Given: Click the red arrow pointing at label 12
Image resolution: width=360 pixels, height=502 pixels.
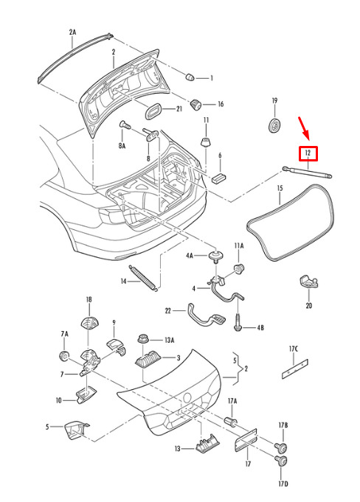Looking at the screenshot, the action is tap(304, 128).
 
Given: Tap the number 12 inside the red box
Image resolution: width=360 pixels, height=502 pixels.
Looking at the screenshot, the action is tap(308, 153).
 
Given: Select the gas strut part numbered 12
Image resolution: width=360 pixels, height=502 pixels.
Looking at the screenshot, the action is tap(307, 172).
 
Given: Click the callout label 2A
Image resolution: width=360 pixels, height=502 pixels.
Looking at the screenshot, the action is tap(72, 32).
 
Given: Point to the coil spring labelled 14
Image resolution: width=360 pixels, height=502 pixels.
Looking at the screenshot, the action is tap(143, 278).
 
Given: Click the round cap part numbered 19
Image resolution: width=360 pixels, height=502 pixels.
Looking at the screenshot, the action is tap(274, 125).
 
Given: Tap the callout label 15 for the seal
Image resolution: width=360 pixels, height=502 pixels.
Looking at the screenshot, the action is tap(280, 188).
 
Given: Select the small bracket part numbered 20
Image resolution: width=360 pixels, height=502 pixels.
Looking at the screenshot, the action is tap(309, 282).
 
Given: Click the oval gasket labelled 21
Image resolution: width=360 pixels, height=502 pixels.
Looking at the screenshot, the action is tap(153, 111).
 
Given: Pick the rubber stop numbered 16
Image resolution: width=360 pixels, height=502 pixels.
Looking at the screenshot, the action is tap(195, 105).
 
